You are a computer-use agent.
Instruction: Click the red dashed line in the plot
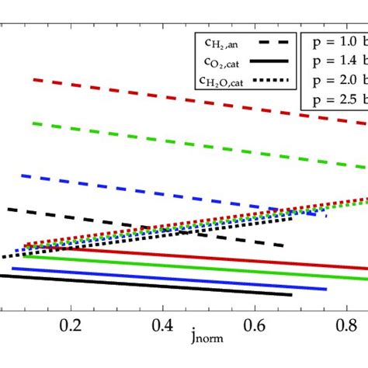pos(194,100)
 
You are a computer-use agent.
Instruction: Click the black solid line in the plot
pos(155,286)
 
